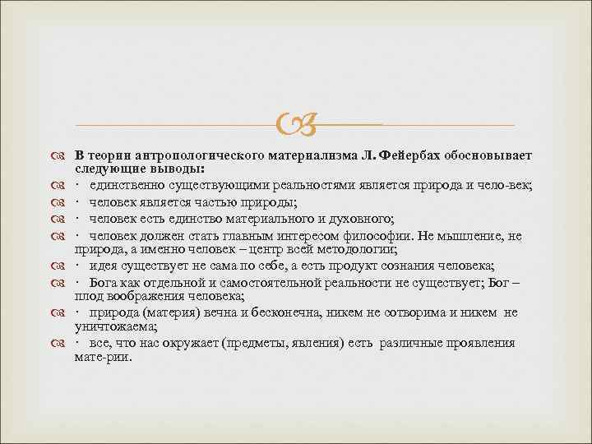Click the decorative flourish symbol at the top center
coord(295,126)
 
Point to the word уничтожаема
coord(109,326)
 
